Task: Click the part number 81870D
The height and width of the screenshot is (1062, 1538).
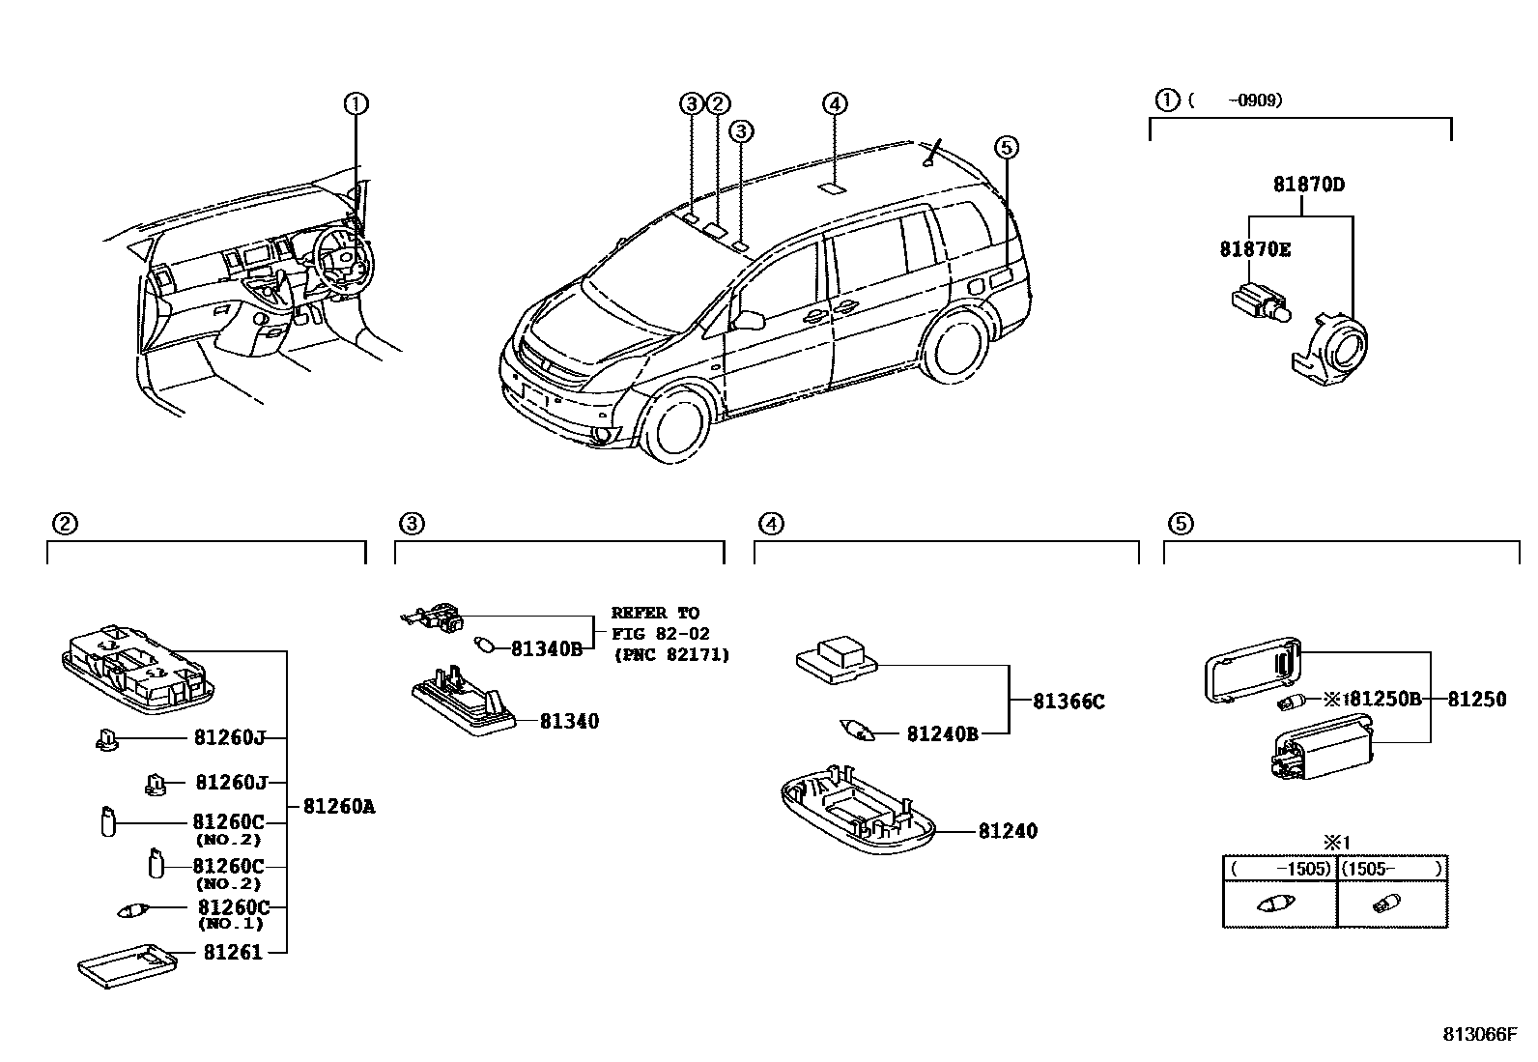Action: click(1308, 184)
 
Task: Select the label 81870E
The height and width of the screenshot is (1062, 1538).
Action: click(1254, 249)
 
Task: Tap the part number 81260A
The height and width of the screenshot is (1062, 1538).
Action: click(338, 806)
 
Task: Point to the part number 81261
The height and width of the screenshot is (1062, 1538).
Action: click(233, 953)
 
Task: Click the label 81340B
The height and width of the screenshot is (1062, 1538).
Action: click(547, 648)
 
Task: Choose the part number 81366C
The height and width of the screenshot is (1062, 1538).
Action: click(1068, 702)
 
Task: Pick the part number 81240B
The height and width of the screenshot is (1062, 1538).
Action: click(942, 734)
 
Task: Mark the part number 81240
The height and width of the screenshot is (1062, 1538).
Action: click(1008, 831)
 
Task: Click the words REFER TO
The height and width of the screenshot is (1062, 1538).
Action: click(655, 613)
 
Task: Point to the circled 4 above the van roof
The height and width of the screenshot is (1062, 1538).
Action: click(835, 103)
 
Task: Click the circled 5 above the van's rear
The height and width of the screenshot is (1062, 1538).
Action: click(1006, 147)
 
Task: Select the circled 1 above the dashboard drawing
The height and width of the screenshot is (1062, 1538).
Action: click(356, 103)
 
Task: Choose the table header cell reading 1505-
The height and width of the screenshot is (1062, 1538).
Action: click(1391, 869)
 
